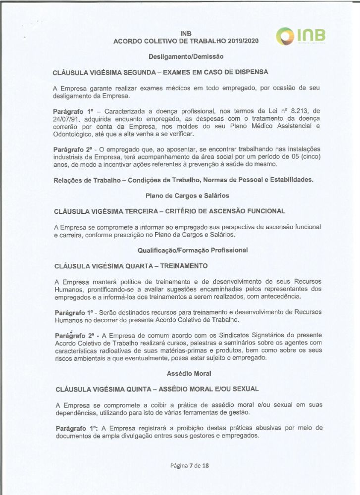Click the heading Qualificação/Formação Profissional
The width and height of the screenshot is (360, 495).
tap(193, 250)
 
